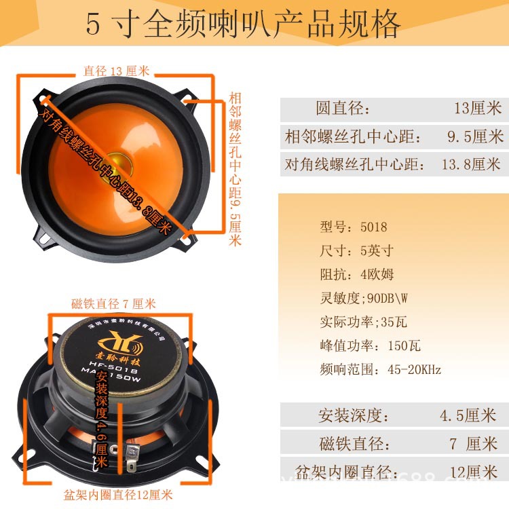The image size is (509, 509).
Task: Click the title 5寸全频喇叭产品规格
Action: pyautogui.click(x=243, y=24)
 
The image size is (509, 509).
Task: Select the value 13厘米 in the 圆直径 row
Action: pyautogui.click(x=477, y=109)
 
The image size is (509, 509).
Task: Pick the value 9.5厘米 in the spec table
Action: pyautogui.click(x=475, y=136)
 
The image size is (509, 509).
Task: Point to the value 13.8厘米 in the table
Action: pyautogui.click(x=470, y=164)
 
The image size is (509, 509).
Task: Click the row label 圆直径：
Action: pyautogui.click(x=343, y=109)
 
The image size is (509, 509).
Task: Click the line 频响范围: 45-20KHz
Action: pyautogui.click(x=380, y=370)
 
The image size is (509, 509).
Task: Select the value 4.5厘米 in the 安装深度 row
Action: pyautogui.click(x=468, y=415)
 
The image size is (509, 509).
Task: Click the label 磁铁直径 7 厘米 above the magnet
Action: pyautogui.click(x=113, y=303)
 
